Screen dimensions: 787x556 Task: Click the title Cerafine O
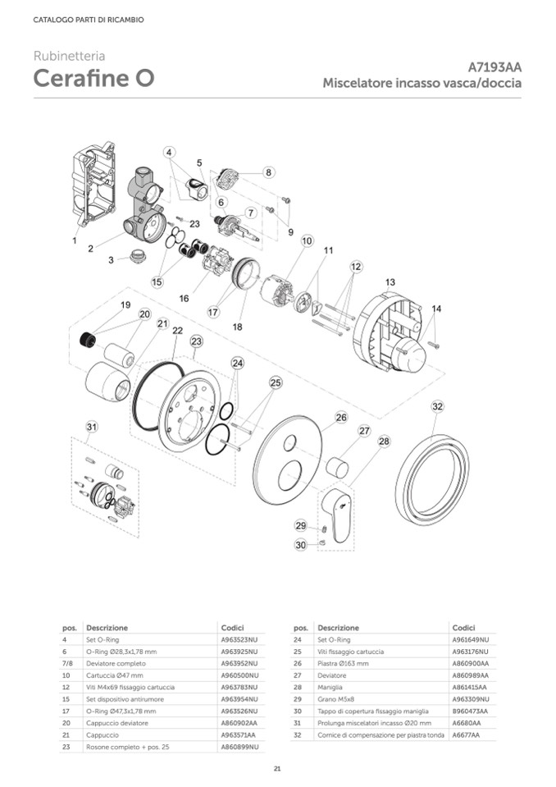point(93,80)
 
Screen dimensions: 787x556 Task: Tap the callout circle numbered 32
point(437,406)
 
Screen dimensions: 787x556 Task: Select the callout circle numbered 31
point(93,426)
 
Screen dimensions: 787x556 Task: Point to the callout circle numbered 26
point(341,417)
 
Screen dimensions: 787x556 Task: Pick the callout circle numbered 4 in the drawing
point(169,152)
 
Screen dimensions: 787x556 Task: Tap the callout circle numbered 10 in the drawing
point(307,241)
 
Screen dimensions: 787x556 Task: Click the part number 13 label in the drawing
point(390,282)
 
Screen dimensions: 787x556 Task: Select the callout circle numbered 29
point(301,525)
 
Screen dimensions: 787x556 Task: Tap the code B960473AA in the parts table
point(470,710)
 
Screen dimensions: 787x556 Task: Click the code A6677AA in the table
point(466,734)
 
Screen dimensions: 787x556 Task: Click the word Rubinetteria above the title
point(69,57)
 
